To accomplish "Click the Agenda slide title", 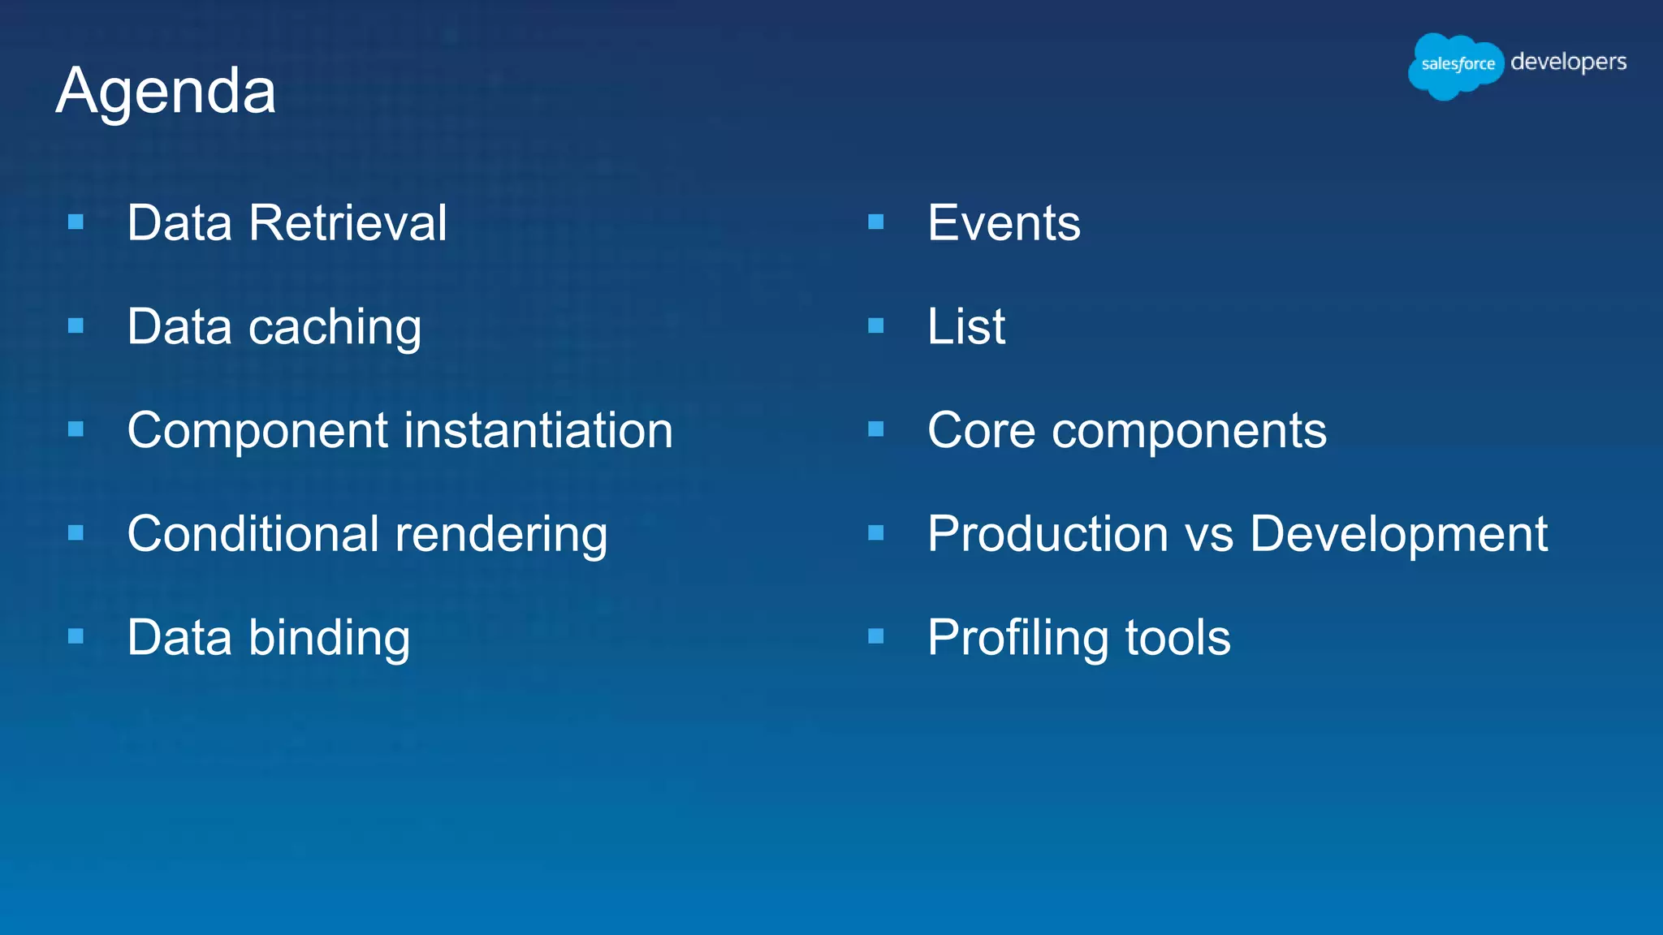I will [x=166, y=91].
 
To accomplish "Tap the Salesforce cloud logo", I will [x=1457, y=65].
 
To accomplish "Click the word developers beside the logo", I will [x=1568, y=62].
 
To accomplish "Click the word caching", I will [x=335, y=327].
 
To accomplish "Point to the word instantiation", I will [x=538, y=430].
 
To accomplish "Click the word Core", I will [x=981, y=430].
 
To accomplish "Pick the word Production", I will [x=1048, y=534].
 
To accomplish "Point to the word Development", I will [x=1398, y=534].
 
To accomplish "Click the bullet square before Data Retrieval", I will [x=76, y=222].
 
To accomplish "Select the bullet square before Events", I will [x=875, y=222].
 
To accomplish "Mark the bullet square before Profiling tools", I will [x=875, y=637].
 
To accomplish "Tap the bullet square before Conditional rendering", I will [x=76, y=533].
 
